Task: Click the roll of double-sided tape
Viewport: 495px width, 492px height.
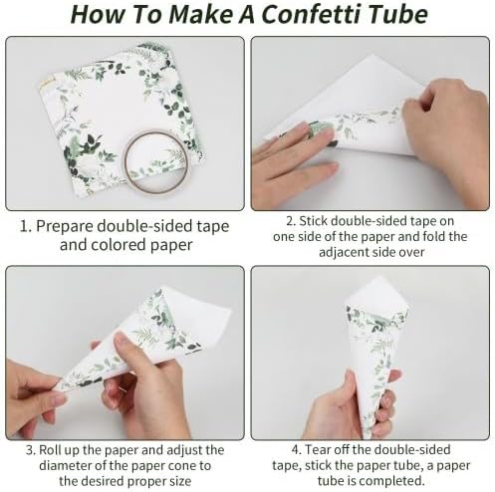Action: pos(156,162)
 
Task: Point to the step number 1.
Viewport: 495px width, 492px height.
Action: pos(25,226)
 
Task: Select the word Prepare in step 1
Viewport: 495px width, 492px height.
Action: pos(65,227)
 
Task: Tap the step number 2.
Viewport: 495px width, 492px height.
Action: pos(291,221)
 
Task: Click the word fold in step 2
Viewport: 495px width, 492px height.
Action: pos(433,236)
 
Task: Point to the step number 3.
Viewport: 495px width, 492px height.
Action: pos(31,450)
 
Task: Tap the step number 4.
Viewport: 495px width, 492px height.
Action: pos(297,450)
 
